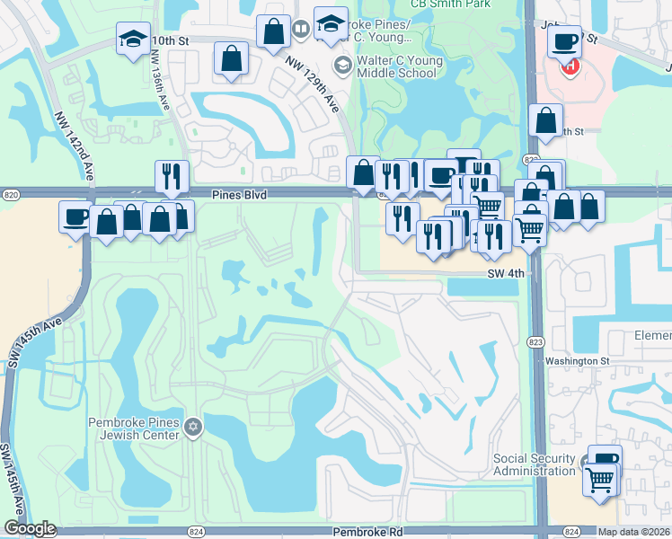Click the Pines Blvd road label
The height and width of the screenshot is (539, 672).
pos(240,194)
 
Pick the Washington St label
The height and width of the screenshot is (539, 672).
pos(578,361)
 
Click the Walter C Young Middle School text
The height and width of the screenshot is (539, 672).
pos(398,67)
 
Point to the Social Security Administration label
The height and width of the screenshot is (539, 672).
pos(535,464)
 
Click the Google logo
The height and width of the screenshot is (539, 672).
pos(30,529)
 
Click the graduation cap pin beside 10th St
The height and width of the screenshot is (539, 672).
pos(133,39)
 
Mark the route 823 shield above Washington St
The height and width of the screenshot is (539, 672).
pos(535,341)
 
